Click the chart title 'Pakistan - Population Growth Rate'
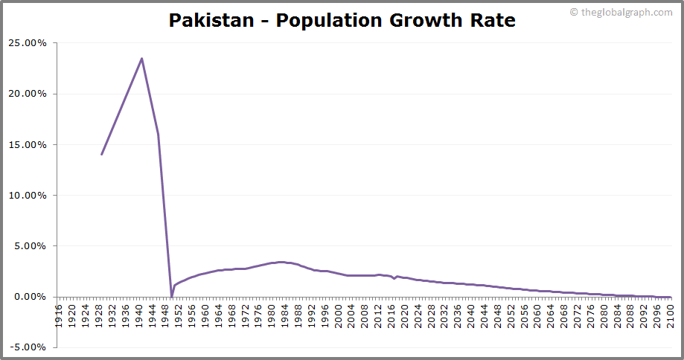pyautogui.click(x=342, y=20)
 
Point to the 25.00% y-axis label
pyautogui.click(x=28, y=43)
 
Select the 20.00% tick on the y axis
pyautogui.click(x=28, y=94)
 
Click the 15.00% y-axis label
pyautogui.click(x=28, y=144)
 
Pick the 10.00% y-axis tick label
pyautogui.click(x=28, y=195)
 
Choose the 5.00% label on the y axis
pyautogui.click(x=31, y=245)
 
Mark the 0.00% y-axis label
pyautogui.click(x=31, y=296)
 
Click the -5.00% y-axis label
pyautogui.click(x=29, y=347)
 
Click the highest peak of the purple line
pyautogui.click(x=141, y=59)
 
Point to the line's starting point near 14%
pyautogui.click(x=102, y=154)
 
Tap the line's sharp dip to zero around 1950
pyautogui.click(x=172, y=296)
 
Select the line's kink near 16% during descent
pyautogui.click(x=158, y=134)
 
